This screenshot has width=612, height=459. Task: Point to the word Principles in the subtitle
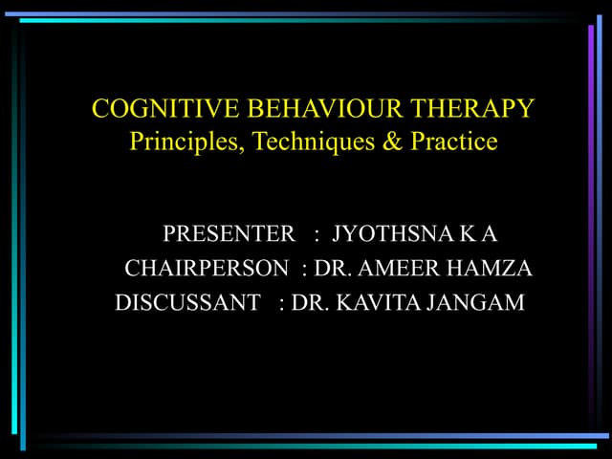[x=177, y=142]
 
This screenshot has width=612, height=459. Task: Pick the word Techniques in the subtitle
[x=296, y=142]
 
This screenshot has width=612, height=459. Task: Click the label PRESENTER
[x=229, y=234]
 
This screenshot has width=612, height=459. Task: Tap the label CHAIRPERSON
[x=206, y=269]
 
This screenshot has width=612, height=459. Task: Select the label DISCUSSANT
[x=187, y=303]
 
